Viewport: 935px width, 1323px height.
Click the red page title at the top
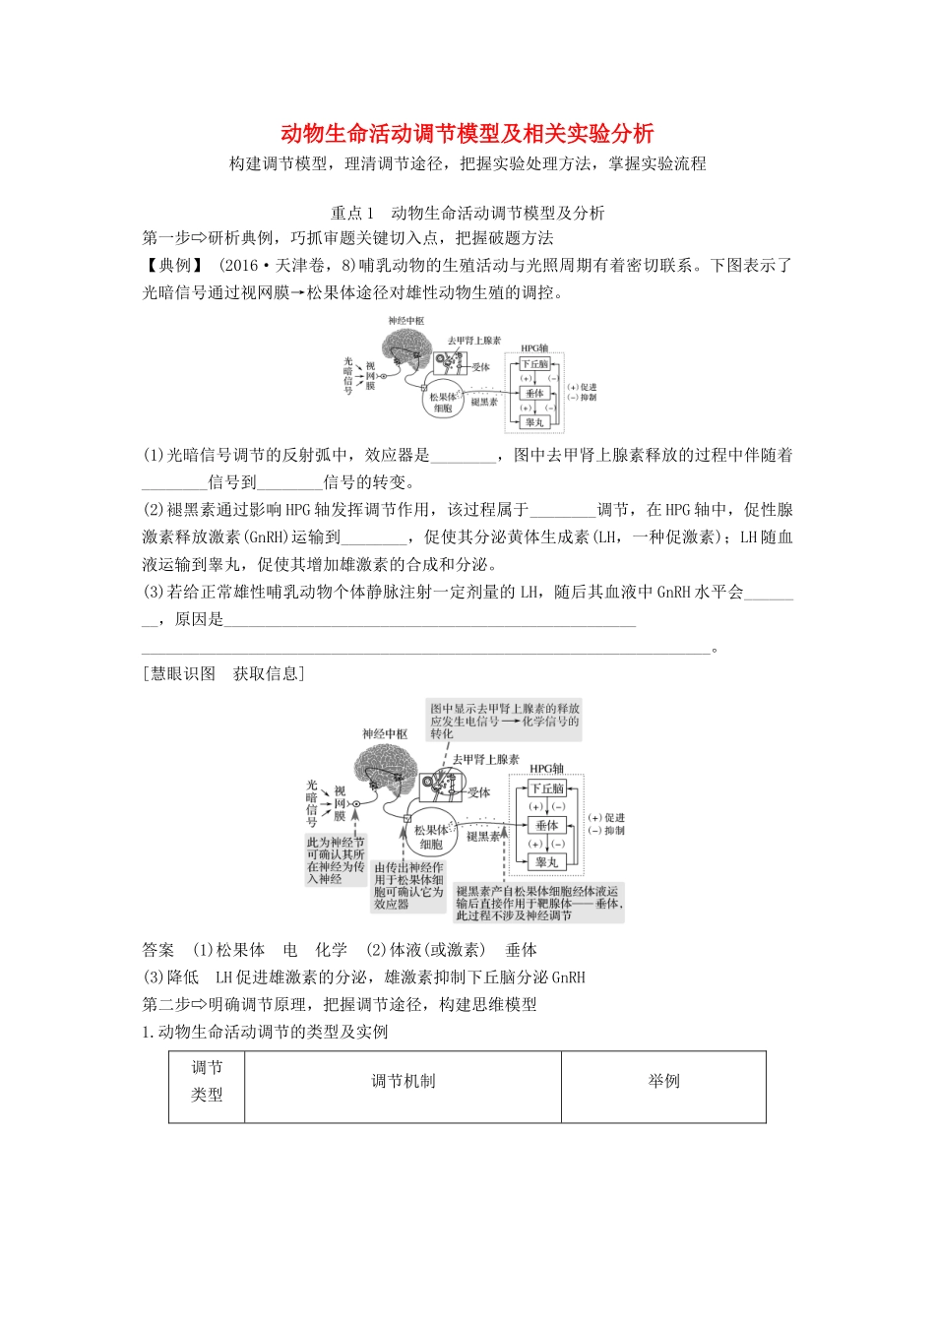[x=467, y=133]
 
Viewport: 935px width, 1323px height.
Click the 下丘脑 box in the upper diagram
[x=534, y=363]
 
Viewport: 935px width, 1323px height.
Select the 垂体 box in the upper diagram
[x=534, y=392]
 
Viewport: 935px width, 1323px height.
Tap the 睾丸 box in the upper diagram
[x=534, y=421]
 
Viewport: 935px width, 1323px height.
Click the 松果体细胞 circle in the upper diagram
[x=442, y=401]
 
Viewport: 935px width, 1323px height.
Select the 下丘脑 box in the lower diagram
[x=547, y=787]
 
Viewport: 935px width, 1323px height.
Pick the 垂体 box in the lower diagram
[x=547, y=825]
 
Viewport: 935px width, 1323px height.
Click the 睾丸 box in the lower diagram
[x=547, y=861]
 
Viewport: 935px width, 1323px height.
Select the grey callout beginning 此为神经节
[x=336, y=860]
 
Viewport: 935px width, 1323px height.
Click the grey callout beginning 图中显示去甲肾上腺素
[x=504, y=721]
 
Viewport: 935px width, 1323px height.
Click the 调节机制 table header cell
[x=403, y=1081]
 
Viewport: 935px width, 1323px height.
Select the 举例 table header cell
[x=663, y=1081]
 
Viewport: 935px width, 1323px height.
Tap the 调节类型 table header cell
[x=207, y=1081]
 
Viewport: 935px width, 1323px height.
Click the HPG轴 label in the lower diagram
[x=547, y=768]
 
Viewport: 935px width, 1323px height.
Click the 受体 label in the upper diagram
[x=480, y=367]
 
